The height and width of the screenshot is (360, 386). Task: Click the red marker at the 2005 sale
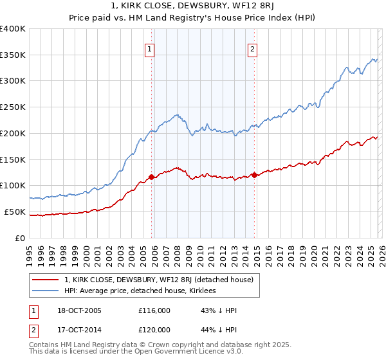(152, 177)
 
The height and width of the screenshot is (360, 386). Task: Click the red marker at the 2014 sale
(254, 174)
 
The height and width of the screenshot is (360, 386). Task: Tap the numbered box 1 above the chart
(149, 48)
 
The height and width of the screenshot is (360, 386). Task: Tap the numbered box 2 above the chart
(252, 48)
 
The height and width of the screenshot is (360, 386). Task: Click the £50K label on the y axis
(15, 212)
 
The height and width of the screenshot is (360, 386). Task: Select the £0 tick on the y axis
(21, 238)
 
